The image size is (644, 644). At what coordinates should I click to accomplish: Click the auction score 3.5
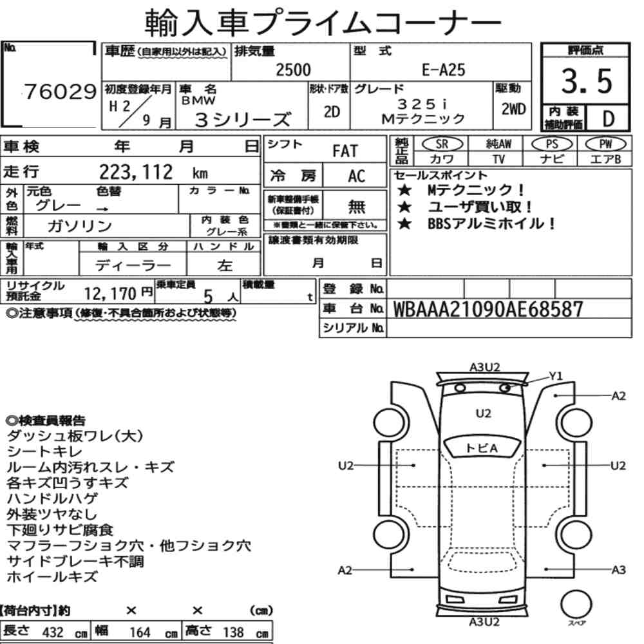[x=587, y=81]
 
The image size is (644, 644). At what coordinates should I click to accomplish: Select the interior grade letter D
[x=609, y=118]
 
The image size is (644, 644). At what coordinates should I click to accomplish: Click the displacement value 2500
[x=293, y=70]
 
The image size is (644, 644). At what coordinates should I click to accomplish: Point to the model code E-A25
[x=443, y=70]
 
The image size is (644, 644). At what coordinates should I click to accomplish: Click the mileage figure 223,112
[x=136, y=172]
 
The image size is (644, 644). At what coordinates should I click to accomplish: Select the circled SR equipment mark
[x=442, y=144]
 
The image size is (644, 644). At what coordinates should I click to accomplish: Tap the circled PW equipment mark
[x=605, y=144]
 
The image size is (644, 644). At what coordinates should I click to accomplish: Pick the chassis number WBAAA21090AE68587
[x=488, y=309]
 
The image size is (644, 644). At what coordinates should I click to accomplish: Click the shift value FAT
[x=345, y=151]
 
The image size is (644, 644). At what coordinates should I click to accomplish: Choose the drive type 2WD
[x=513, y=109]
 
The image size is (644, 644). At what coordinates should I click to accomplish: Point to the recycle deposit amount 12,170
[x=110, y=294]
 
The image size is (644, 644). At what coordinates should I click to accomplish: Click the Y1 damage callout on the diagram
[x=555, y=376]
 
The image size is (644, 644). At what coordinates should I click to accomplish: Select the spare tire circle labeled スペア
[x=576, y=604]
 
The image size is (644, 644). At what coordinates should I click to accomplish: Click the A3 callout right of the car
[x=618, y=570]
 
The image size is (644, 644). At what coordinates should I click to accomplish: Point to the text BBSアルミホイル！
[x=491, y=224]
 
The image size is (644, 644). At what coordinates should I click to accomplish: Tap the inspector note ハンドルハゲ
[x=52, y=498]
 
